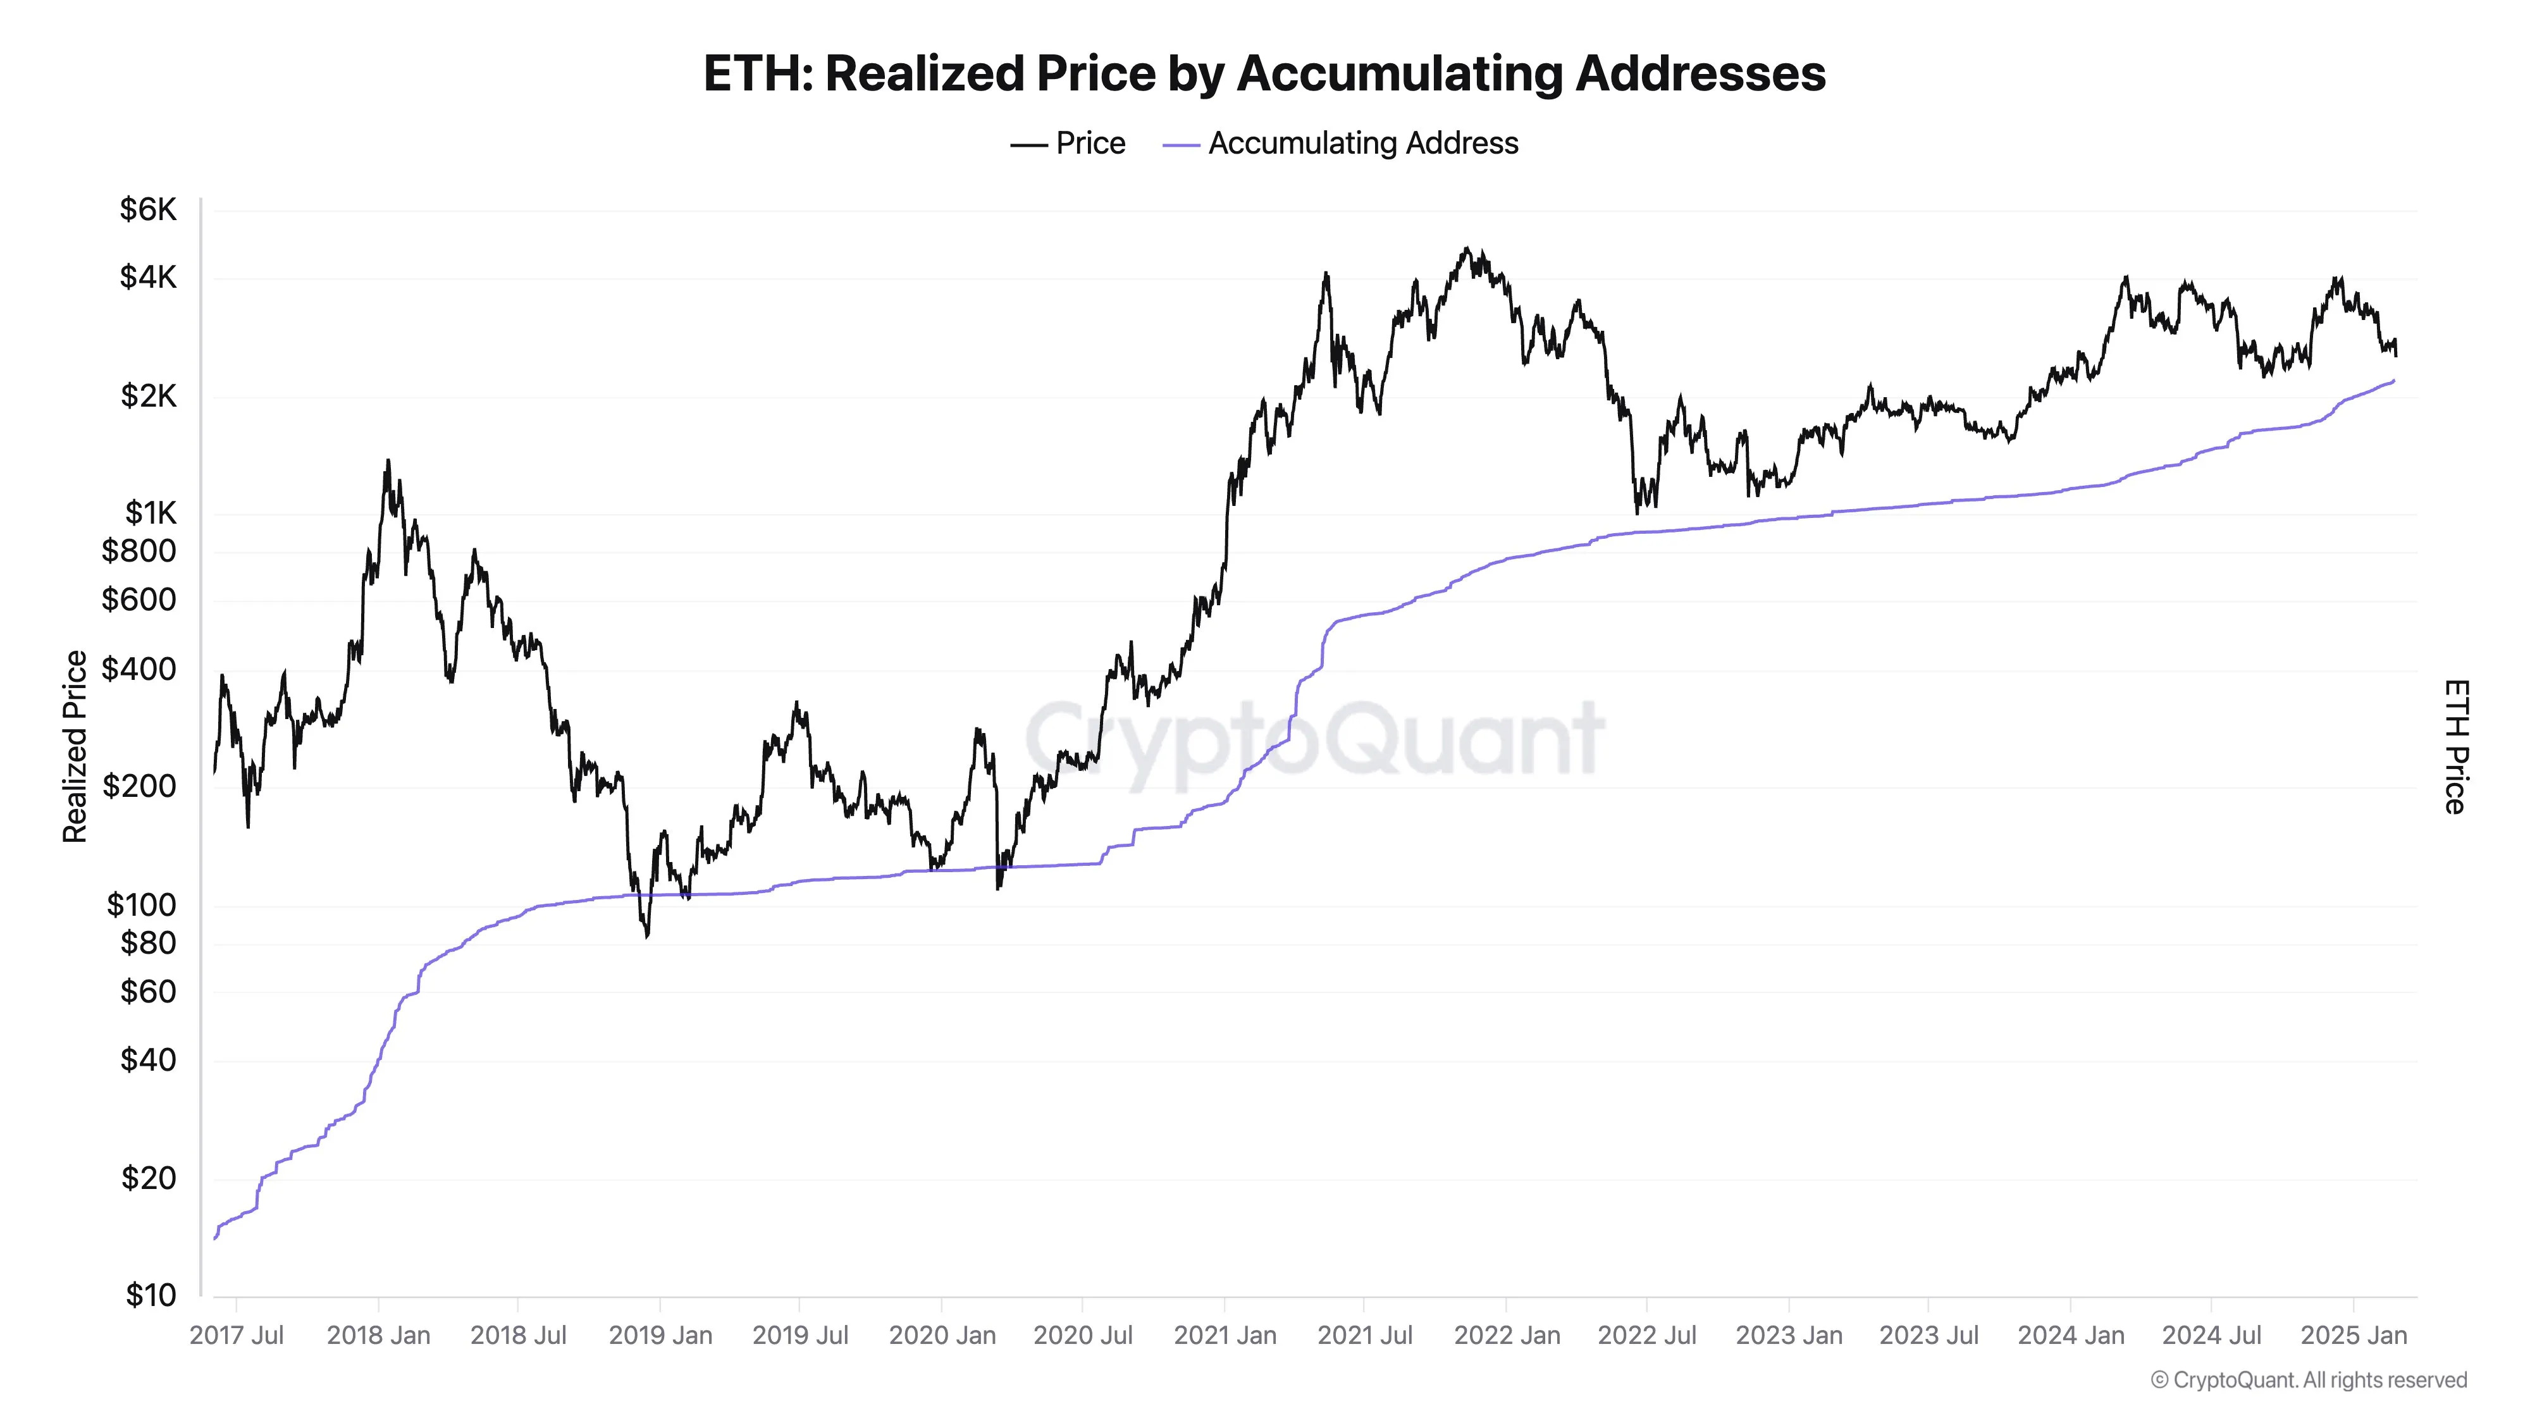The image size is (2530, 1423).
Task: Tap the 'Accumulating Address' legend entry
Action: tap(1341, 144)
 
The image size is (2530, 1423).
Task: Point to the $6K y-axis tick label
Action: tap(148, 209)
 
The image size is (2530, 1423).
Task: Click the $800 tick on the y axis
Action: tap(139, 551)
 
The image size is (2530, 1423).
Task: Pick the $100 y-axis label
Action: tap(142, 904)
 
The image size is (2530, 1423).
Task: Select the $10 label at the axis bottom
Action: tap(151, 1295)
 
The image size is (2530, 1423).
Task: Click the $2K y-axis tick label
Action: tap(148, 396)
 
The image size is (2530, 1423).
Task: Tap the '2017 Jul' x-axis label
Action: tap(237, 1336)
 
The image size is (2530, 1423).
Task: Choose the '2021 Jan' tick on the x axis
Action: tap(1225, 1336)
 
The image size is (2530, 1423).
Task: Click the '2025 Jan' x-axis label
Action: tap(2353, 1336)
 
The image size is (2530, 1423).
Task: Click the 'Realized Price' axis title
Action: tap(75, 746)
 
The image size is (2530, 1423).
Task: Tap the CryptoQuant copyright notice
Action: tap(2308, 1380)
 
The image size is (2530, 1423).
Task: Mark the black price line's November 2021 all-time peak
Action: tap(1466, 249)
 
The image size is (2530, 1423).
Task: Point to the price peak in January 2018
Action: tap(388, 460)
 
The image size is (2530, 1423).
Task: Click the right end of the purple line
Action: tap(2393, 381)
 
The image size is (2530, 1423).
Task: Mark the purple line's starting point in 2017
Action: tap(215, 1238)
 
